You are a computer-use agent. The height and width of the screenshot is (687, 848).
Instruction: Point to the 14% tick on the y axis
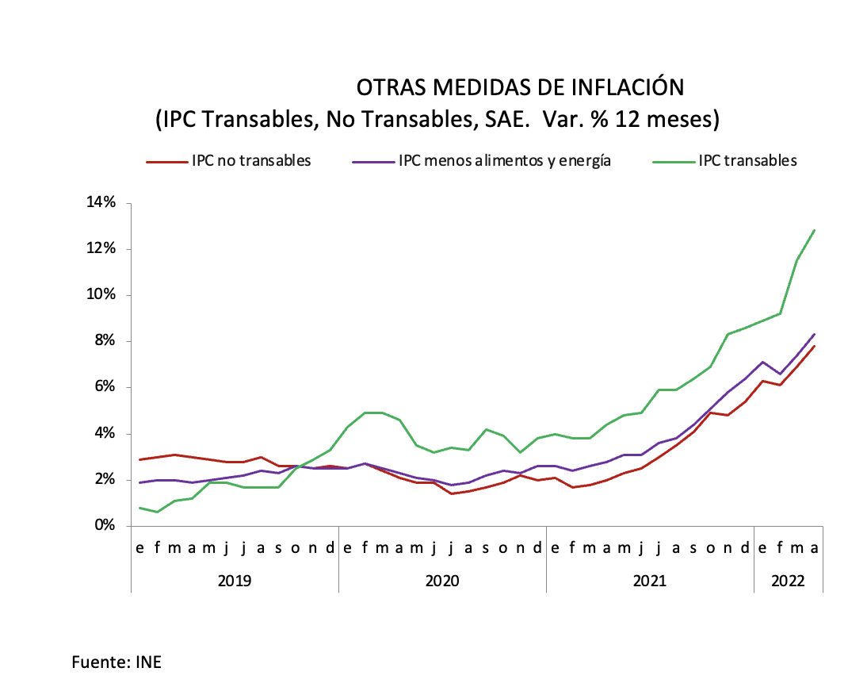101,203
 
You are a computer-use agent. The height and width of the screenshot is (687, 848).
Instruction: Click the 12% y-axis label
101,249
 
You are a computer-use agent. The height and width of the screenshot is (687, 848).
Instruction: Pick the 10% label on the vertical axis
101,295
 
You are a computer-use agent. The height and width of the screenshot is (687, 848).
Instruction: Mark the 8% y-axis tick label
105,341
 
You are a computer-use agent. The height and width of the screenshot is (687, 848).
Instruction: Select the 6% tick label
105,387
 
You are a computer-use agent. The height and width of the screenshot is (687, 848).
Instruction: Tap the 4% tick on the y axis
105,434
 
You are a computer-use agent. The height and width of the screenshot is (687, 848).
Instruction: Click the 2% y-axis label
105,480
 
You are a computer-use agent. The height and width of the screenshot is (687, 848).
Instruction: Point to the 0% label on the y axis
105,526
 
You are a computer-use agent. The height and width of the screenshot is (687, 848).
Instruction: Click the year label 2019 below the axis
235,581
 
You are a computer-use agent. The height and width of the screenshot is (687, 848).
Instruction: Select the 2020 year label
442,581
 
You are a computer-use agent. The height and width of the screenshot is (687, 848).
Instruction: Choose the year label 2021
650,581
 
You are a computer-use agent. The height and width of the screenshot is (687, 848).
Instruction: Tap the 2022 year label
789,581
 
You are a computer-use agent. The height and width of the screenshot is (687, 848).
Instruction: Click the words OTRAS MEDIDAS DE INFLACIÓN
520,87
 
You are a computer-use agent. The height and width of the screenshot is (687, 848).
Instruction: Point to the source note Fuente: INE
117,662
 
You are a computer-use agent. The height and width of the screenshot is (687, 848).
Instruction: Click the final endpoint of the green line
815,230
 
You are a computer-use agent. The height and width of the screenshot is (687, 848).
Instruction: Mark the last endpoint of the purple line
815,334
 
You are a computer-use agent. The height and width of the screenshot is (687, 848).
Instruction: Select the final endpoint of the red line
815,346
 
